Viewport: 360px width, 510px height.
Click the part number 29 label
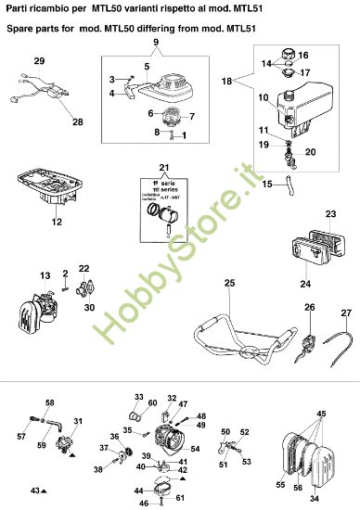(x=39, y=61)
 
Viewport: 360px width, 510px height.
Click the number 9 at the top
(x=156, y=44)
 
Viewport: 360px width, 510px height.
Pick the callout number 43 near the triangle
(x=34, y=489)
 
